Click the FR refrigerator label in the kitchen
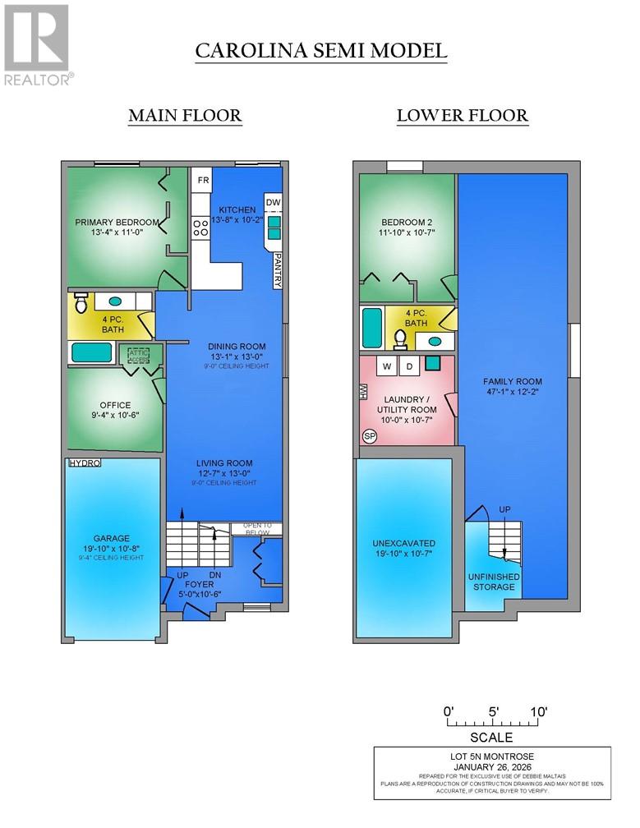click(202, 179)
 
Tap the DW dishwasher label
click(273, 202)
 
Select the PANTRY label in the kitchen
click(278, 269)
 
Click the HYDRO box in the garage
click(84, 463)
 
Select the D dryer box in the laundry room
click(409, 365)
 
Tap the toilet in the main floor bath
click(81, 303)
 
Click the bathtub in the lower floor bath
click(371, 329)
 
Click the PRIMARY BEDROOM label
click(117, 222)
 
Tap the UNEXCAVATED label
click(403, 543)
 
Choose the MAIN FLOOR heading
click(185, 116)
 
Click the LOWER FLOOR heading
click(462, 116)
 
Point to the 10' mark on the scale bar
click(539, 711)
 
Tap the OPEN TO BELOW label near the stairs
click(256, 528)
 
